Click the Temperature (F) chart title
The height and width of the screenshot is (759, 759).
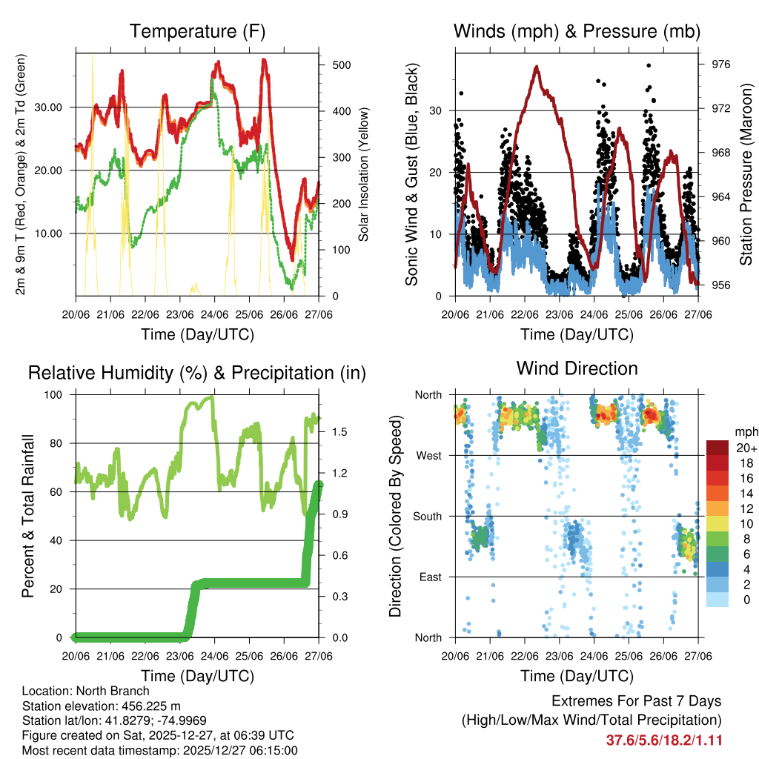(x=196, y=31)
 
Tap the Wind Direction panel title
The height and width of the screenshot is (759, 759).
(x=577, y=368)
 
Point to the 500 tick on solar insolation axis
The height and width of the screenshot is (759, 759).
(x=341, y=65)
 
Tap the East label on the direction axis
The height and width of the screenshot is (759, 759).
(x=429, y=577)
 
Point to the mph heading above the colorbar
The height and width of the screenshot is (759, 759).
(x=744, y=431)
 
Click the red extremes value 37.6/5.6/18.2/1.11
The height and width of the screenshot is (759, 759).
(x=665, y=740)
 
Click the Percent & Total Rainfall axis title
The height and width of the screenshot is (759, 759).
(x=27, y=516)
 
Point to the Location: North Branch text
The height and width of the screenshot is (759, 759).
(x=86, y=692)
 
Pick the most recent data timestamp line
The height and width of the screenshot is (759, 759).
(x=159, y=750)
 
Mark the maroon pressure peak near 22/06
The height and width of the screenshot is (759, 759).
(x=537, y=67)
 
